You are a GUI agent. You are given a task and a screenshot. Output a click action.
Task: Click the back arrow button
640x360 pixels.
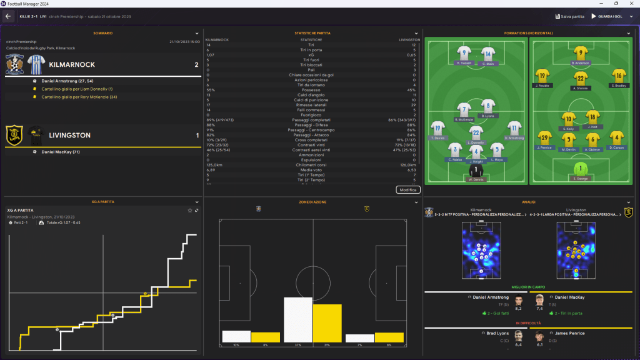point(8,16)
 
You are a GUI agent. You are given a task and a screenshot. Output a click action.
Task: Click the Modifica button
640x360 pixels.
point(407,189)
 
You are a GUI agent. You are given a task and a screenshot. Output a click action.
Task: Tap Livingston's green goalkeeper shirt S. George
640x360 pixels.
point(581,169)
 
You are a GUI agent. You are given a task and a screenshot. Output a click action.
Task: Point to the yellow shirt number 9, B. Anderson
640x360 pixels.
point(581,54)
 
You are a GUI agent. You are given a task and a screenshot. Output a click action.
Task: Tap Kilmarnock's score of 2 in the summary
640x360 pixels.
point(196,65)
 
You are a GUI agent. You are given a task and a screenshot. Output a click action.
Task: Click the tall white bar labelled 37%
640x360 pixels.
point(298,320)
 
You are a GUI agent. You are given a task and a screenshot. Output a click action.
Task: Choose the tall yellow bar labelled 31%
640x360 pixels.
point(327,323)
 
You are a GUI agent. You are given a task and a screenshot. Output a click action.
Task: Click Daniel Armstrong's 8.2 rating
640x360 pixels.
point(518,308)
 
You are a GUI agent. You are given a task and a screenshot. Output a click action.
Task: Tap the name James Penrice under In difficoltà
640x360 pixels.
point(569,333)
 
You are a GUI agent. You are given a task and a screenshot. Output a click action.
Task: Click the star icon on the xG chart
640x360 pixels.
point(190,210)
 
